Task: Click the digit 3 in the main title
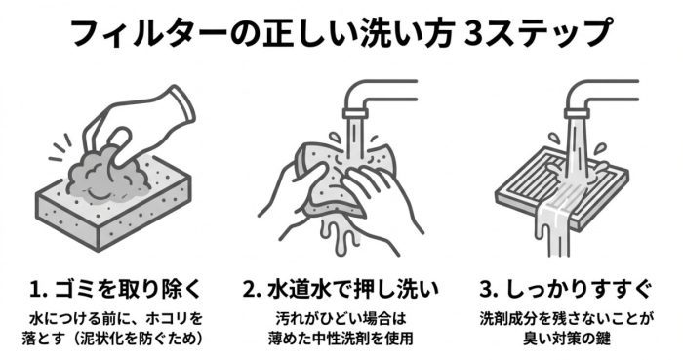(474, 32)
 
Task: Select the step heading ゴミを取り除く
(129, 290)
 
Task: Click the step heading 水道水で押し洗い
(352, 290)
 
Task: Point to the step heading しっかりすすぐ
(579, 290)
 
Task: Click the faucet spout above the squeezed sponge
(370, 101)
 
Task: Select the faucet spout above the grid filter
(591, 101)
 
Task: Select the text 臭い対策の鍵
(566, 339)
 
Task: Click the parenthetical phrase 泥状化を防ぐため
(141, 339)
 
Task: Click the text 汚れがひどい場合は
(341, 319)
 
